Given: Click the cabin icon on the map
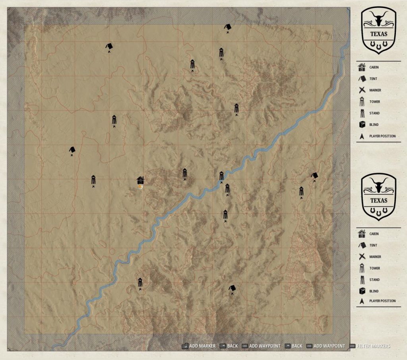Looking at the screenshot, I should pyautogui.click(x=140, y=180).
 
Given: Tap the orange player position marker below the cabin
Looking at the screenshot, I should pyautogui.click(x=140, y=186).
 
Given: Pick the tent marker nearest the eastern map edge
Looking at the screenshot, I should pyautogui.click(x=315, y=175).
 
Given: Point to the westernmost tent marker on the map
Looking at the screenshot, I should pyautogui.click(x=72, y=150).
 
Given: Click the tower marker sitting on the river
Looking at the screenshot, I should pyautogui.click(x=221, y=176).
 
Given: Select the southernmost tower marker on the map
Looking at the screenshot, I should pyautogui.click(x=140, y=283).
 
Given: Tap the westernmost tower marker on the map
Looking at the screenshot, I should pyautogui.click(x=93, y=179).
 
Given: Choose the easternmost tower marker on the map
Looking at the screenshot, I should pyautogui.click(x=302, y=192).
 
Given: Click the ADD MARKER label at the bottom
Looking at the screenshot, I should pyautogui.click(x=202, y=346).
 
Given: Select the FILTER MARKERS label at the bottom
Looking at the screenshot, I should pyautogui.click(x=373, y=346).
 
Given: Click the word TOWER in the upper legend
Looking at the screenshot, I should pyautogui.click(x=374, y=102).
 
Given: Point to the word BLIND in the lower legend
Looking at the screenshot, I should pyautogui.click(x=374, y=291).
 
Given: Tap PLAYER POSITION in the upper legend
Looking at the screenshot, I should pyautogui.click(x=382, y=136).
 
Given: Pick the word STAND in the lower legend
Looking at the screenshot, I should pyautogui.click(x=374, y=280).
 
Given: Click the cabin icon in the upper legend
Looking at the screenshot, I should pyautogui.click(x=362, y=67).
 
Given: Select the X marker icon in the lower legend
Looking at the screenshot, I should pyautogui.click(x=362, y=257).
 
